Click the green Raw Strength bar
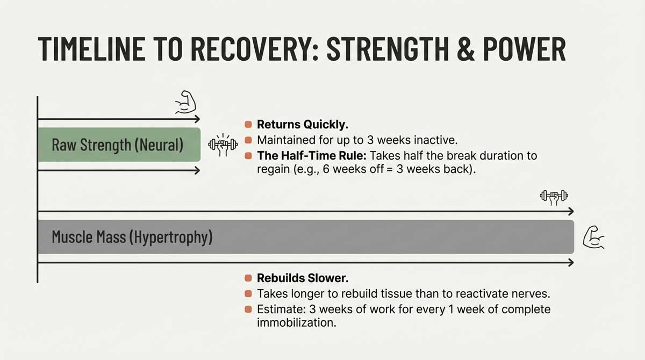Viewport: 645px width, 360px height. (119, 145)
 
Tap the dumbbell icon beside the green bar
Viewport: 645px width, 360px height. (223, 145)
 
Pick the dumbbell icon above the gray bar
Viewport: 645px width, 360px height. (554, 197)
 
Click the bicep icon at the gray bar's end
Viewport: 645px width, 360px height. (593, 237)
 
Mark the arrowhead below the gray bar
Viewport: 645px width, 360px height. (570, 263)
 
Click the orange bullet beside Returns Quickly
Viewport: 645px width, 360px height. (248, 125)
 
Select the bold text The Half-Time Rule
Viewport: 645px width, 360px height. (305, 156)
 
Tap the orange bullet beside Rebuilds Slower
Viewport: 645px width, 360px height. (248, 278)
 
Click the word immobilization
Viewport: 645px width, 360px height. (293, 324)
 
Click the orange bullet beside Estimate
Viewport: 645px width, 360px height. (248, 309)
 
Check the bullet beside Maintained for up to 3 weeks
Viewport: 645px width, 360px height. (248, 140)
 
